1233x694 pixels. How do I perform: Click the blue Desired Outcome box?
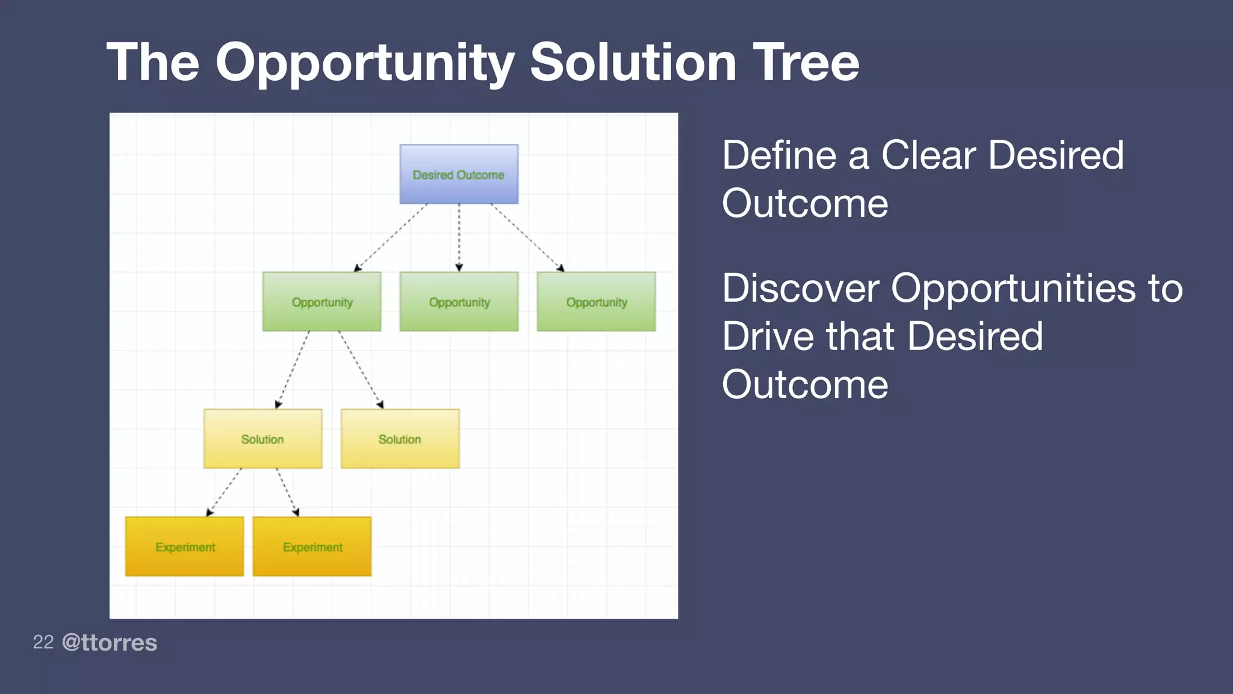coord(459,174)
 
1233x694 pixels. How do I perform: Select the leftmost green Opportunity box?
coord(321,301)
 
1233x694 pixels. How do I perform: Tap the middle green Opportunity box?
coord(459,301)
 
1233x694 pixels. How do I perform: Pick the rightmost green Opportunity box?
coord(596,301)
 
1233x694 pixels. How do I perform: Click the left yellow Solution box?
coord(262,439)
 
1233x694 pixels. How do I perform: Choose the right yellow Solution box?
coord(400,439)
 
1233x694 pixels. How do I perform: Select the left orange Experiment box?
coord(184,546)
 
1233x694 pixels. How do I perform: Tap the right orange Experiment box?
coord(312,546)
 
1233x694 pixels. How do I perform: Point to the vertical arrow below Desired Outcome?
coord(459,238)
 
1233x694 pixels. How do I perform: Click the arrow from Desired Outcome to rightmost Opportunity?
coord(527,237)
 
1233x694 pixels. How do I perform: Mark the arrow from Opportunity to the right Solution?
coord(361,369)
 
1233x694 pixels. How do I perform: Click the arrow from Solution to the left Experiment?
coord(223,492)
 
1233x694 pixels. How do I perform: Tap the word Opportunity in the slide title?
coord(365,63)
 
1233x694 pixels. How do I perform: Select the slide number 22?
coord(43,642)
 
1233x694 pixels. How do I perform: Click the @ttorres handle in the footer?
coord(110,642)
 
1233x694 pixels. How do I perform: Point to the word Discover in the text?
coord(800,288)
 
